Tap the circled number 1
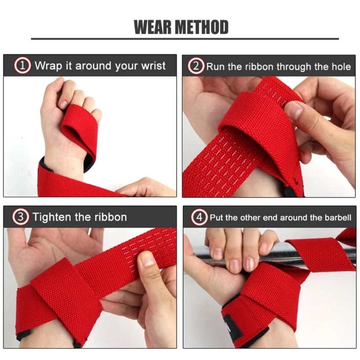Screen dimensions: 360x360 point(23,66)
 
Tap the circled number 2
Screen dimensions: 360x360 point(195,67)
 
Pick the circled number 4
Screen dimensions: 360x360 point(199,218)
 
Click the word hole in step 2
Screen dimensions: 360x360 point(340,67)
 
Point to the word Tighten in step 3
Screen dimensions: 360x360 point(52,217)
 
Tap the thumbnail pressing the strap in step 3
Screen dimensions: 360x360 point(148,260)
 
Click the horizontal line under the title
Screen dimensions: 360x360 point(180,39)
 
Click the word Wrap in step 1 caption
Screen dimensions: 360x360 point(48,66)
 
